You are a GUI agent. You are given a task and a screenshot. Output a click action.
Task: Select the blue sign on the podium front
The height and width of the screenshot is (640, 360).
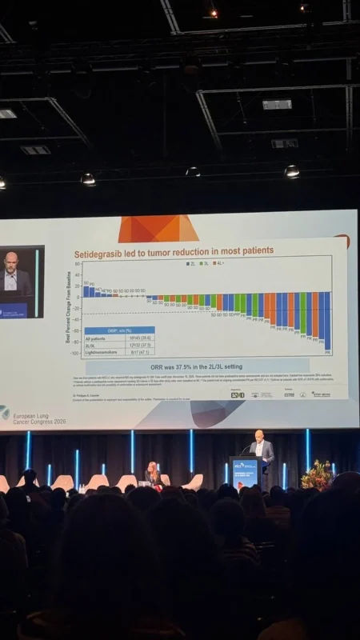coord(243,471)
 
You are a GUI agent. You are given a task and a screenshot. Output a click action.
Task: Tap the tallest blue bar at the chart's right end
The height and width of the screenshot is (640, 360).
coord(327,321)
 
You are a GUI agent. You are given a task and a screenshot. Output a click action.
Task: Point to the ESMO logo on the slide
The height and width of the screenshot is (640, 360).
coord(237,394)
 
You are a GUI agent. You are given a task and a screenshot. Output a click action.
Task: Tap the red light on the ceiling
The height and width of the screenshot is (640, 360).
coord(213,13)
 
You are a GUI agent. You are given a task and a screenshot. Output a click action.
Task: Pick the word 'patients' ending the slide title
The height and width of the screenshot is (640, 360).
coord(255,251)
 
